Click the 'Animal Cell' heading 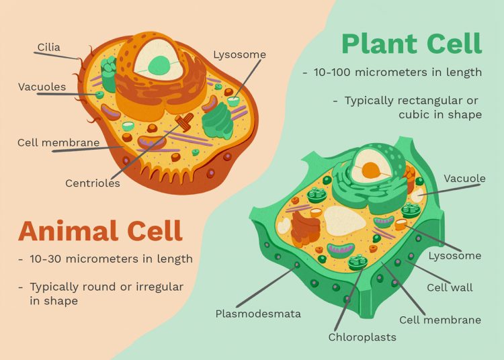(100, 230)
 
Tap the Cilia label (48, 47)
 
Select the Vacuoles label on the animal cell (42, 87)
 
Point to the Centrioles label (93, 183)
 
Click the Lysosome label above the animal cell (239, 54)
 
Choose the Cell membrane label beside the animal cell (58, 142)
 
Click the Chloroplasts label (362, 336)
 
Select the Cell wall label (450, 287)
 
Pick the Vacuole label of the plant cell (464, 179)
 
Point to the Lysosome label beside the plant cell (455, 255)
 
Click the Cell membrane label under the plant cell (440, 320)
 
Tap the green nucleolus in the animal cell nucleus (159, 64)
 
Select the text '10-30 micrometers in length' (111, 259)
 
